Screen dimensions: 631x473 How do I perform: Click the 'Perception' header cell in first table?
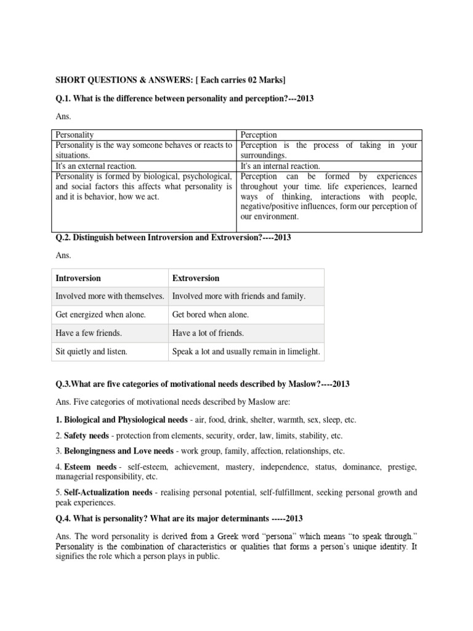coord(259,134)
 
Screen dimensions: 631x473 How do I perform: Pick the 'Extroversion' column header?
coord(196,278)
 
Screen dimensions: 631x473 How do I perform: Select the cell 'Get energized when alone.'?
coord(101,314)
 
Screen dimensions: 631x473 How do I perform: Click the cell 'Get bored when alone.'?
coord(211,314)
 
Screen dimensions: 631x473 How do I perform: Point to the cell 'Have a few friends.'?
coord(89,333)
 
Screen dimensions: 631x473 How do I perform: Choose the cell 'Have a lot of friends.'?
coord(208,333)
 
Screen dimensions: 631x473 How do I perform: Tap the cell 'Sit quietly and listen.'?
coord(92,352)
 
